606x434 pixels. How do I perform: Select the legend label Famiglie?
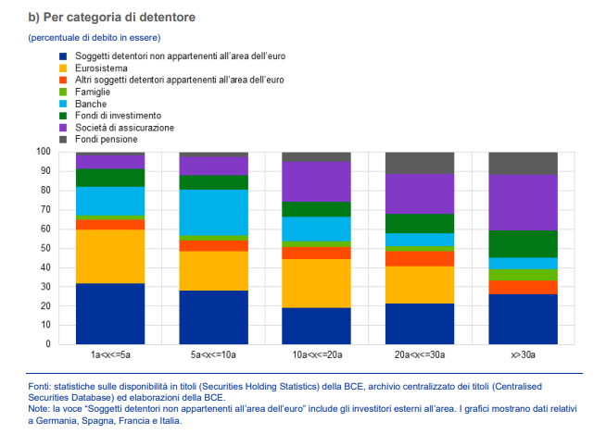94,92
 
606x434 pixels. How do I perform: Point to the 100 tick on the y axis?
43,152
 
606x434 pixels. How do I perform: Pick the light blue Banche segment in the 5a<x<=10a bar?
213,213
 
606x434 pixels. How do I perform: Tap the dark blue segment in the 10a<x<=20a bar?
316,326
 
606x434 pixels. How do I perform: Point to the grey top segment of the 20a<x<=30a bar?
420,163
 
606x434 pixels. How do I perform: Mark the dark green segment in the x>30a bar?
523,243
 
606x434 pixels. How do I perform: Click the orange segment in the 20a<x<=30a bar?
420,258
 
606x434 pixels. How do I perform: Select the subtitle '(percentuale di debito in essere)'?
94,37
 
